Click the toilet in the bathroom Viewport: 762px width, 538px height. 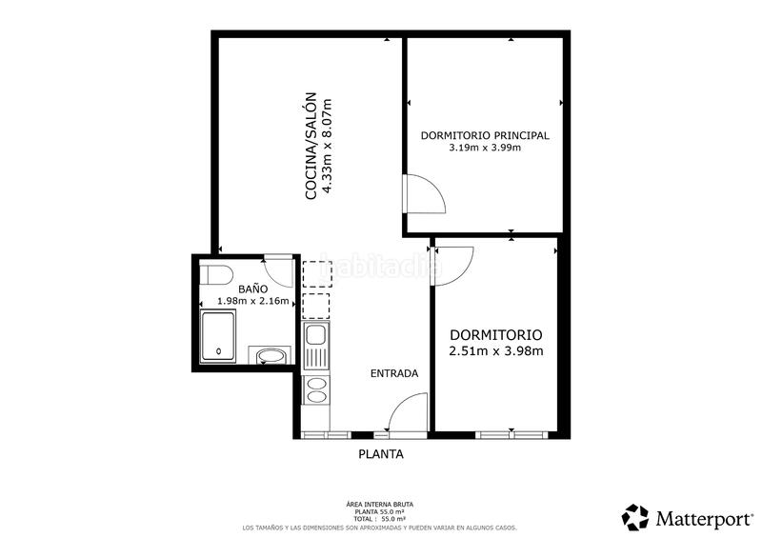(217, 276)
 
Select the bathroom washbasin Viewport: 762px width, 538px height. (271, 357)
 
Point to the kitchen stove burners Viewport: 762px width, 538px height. (315, 389)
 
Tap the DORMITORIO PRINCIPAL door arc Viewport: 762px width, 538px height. (424, 195)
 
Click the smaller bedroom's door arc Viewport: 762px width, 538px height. (454, 262)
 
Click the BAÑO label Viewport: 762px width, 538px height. (252, 288)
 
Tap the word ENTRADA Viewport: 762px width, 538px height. (394, 373)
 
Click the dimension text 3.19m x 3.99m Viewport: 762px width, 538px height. (485, 148)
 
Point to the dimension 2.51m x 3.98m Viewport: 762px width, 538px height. (495, 351)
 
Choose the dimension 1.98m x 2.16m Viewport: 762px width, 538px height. (252, 301)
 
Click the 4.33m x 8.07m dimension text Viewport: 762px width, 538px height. (327, 148)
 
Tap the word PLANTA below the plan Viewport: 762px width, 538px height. (380, 454)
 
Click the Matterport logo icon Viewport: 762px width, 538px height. (635, 517)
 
